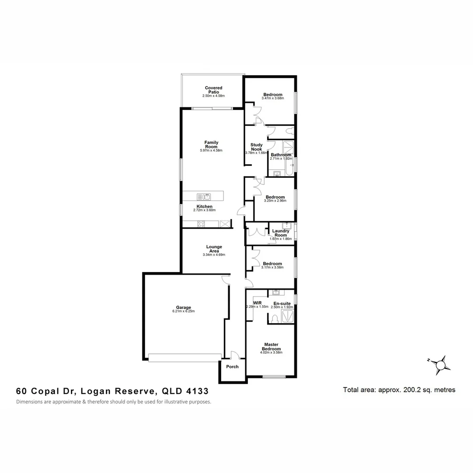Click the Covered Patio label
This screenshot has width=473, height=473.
tap(213, 90)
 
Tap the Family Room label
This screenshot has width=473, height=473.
tap(211, 145)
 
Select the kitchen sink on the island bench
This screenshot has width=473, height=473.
tap(205, 197)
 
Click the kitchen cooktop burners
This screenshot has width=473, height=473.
tap(201, 224)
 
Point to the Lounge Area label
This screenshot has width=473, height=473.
tap(214, 249)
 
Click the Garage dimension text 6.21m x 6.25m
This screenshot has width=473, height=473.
tap(184, 311)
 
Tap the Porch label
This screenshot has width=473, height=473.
tap(232, 367)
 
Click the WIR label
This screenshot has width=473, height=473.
tap(257, 303)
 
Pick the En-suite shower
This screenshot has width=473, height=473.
tap(287, 317)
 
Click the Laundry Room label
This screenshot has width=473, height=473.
tap(280, 233)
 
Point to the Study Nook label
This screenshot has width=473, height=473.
tap(256, 147)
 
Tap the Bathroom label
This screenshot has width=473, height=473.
tap(281, 155)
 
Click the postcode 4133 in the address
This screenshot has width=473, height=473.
tap(196, 391)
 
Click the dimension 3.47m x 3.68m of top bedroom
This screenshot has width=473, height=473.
tap(273, 99)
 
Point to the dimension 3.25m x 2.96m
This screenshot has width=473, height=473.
tap(275, 201)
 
